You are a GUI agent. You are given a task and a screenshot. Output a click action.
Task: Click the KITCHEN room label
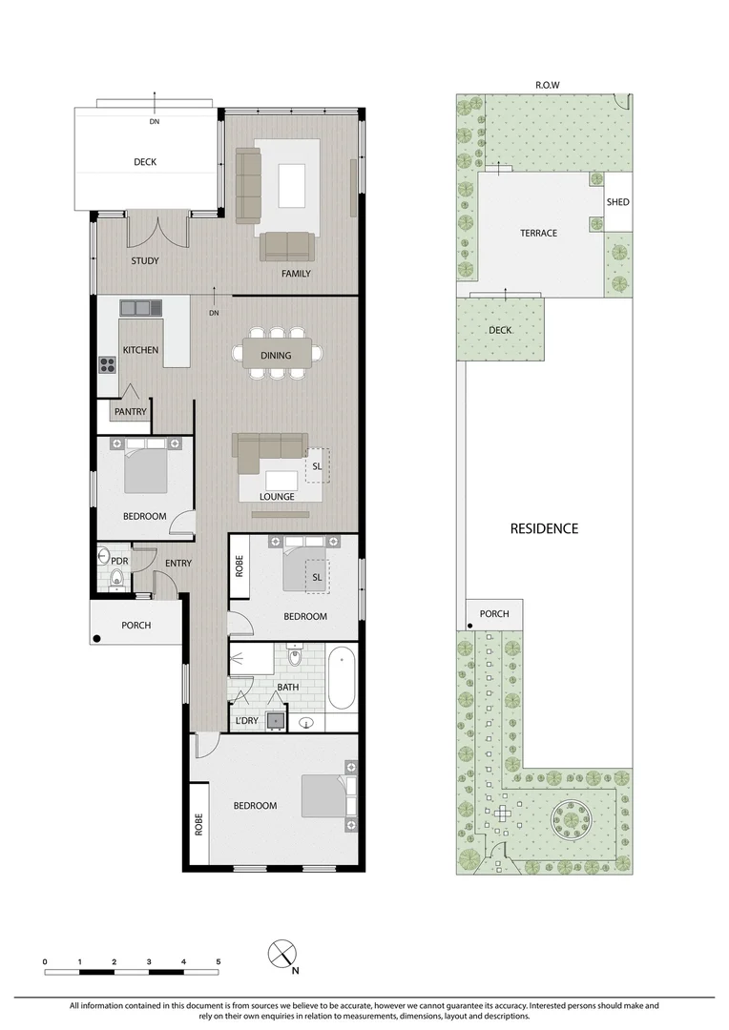coord(140,350)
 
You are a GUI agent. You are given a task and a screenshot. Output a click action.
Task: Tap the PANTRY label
coord(129,412)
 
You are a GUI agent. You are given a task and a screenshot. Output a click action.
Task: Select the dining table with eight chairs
coord(277,355)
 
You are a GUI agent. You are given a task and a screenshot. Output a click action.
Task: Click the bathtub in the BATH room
coord(341,679)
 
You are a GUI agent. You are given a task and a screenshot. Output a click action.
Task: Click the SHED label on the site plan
coord(617,202)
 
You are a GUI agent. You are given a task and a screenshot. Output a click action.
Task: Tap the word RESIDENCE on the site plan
coord(544,528)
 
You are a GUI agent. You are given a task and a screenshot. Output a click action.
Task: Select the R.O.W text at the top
coord(547,85)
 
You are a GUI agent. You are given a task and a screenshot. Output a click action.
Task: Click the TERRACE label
coord(538,233)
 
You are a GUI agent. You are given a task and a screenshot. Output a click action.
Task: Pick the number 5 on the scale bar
coord(219,961)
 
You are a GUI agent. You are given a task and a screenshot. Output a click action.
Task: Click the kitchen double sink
coord(141,308)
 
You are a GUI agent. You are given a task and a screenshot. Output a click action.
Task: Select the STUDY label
coord(145,260)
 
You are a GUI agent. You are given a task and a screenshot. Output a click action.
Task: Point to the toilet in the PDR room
coord(115,576)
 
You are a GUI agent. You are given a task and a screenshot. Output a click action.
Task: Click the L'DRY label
coord(246,720)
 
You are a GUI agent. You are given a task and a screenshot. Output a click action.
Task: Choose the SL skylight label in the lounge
coord(317,466)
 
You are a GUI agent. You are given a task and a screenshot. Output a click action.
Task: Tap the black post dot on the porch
coord(96,638)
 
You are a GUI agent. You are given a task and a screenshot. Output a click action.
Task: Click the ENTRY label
coord(177,563)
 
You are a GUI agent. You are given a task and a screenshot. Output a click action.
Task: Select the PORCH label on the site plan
coord(494,614)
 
